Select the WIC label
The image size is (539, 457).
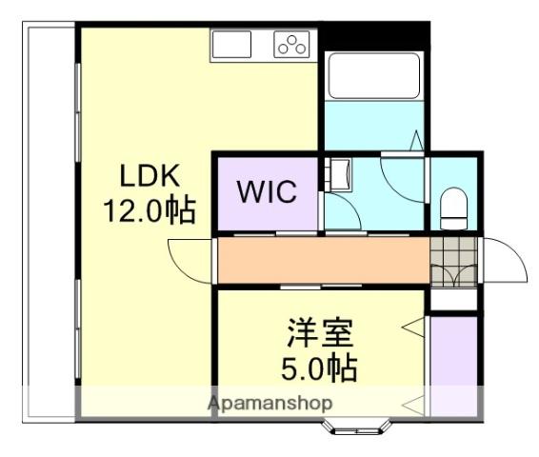coord(266,191)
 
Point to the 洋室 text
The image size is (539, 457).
coord(321,334)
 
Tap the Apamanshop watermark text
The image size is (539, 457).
coord(270,403)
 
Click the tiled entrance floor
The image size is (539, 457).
coord(451,260)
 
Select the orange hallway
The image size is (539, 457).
coord(322,260)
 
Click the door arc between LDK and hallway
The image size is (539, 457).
coord(188,259)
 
